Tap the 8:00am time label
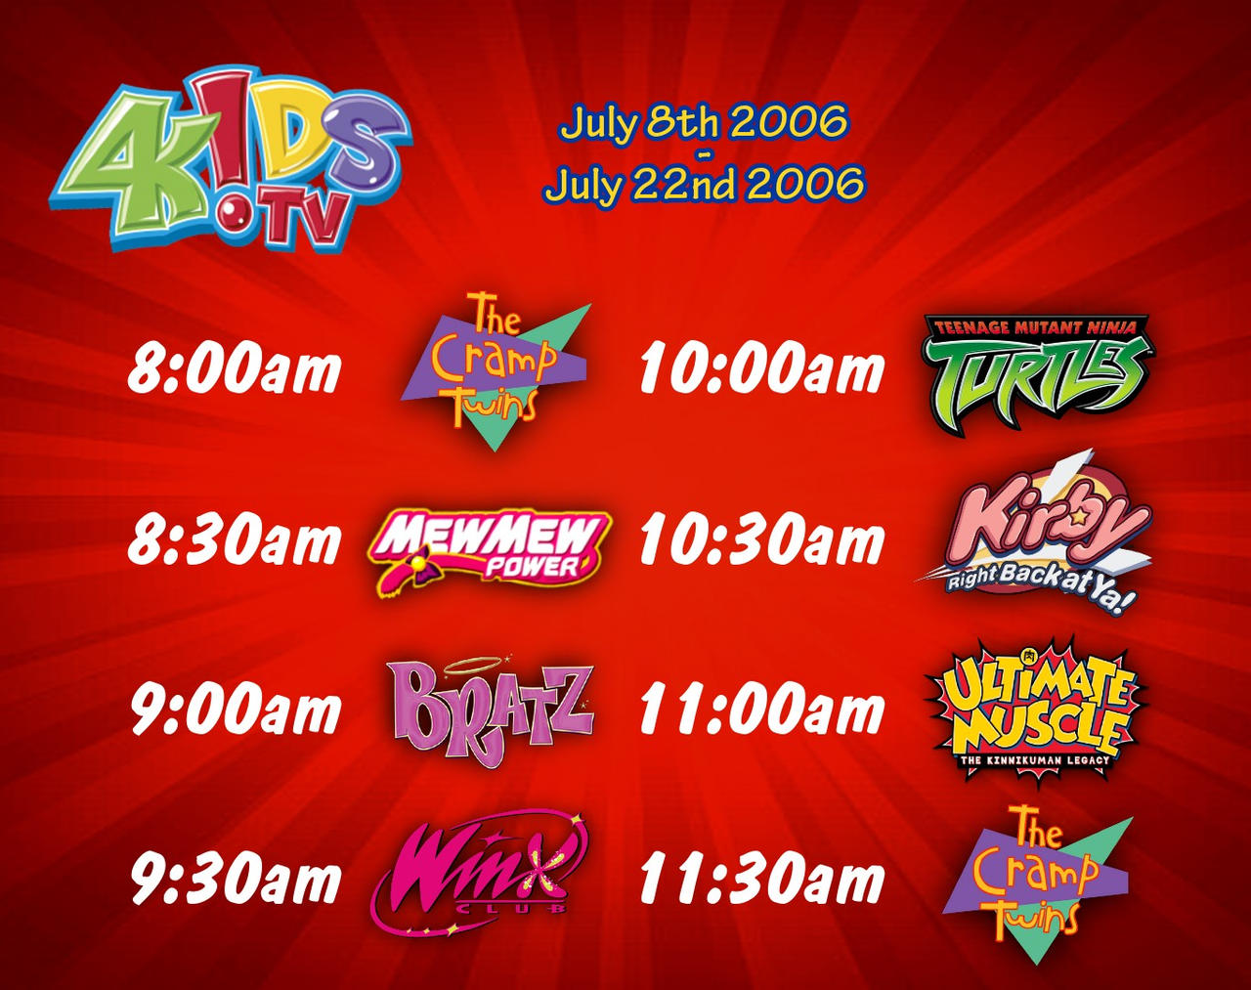coord(235,371)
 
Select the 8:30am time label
coord(235,541)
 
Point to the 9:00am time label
coord(236,710)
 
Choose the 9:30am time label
coord(236,880)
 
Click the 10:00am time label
coord(761,371)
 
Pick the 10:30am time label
coord(761,541)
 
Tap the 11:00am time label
coord(761,710)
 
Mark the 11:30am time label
coord(761,880)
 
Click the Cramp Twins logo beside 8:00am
coord(495,371)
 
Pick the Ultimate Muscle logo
coord(1034,709)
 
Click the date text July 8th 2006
coord(703,124)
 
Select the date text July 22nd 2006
coord(703,184)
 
